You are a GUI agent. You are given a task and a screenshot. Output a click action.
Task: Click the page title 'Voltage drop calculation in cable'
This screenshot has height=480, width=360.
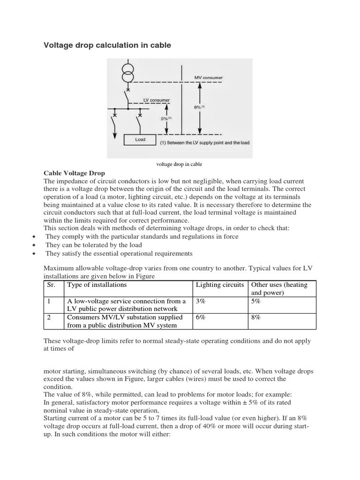(107, 45)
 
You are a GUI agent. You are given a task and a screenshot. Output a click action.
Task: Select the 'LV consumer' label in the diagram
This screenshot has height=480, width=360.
(157, 100)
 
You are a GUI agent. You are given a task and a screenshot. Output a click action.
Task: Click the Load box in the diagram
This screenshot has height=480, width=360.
(140, 139)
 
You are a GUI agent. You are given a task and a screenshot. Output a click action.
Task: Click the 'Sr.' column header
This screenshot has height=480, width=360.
(52, 285)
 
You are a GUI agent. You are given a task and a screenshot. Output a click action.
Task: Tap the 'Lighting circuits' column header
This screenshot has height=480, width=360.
(220, 285)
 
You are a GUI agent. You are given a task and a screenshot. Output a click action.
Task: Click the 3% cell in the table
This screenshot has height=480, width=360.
(201, 301)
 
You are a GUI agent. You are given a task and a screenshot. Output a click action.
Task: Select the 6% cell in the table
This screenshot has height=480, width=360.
(201, 317)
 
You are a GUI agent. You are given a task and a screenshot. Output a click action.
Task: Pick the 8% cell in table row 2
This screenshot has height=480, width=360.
(256, 317)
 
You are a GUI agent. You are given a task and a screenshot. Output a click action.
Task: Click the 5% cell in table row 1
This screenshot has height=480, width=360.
(256, 301)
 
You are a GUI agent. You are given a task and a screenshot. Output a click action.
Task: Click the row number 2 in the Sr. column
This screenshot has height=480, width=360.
(49, 317)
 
